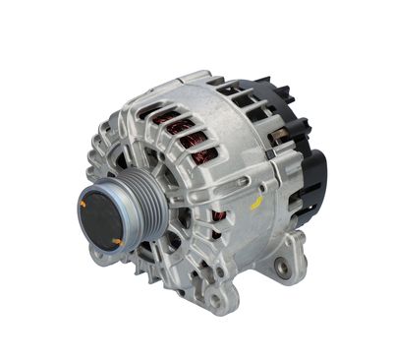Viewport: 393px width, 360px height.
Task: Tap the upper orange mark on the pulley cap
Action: pos(85,203)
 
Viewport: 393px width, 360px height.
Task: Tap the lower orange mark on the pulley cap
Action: pos(117,240)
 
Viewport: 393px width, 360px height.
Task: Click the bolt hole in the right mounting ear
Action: pos(285,266)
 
